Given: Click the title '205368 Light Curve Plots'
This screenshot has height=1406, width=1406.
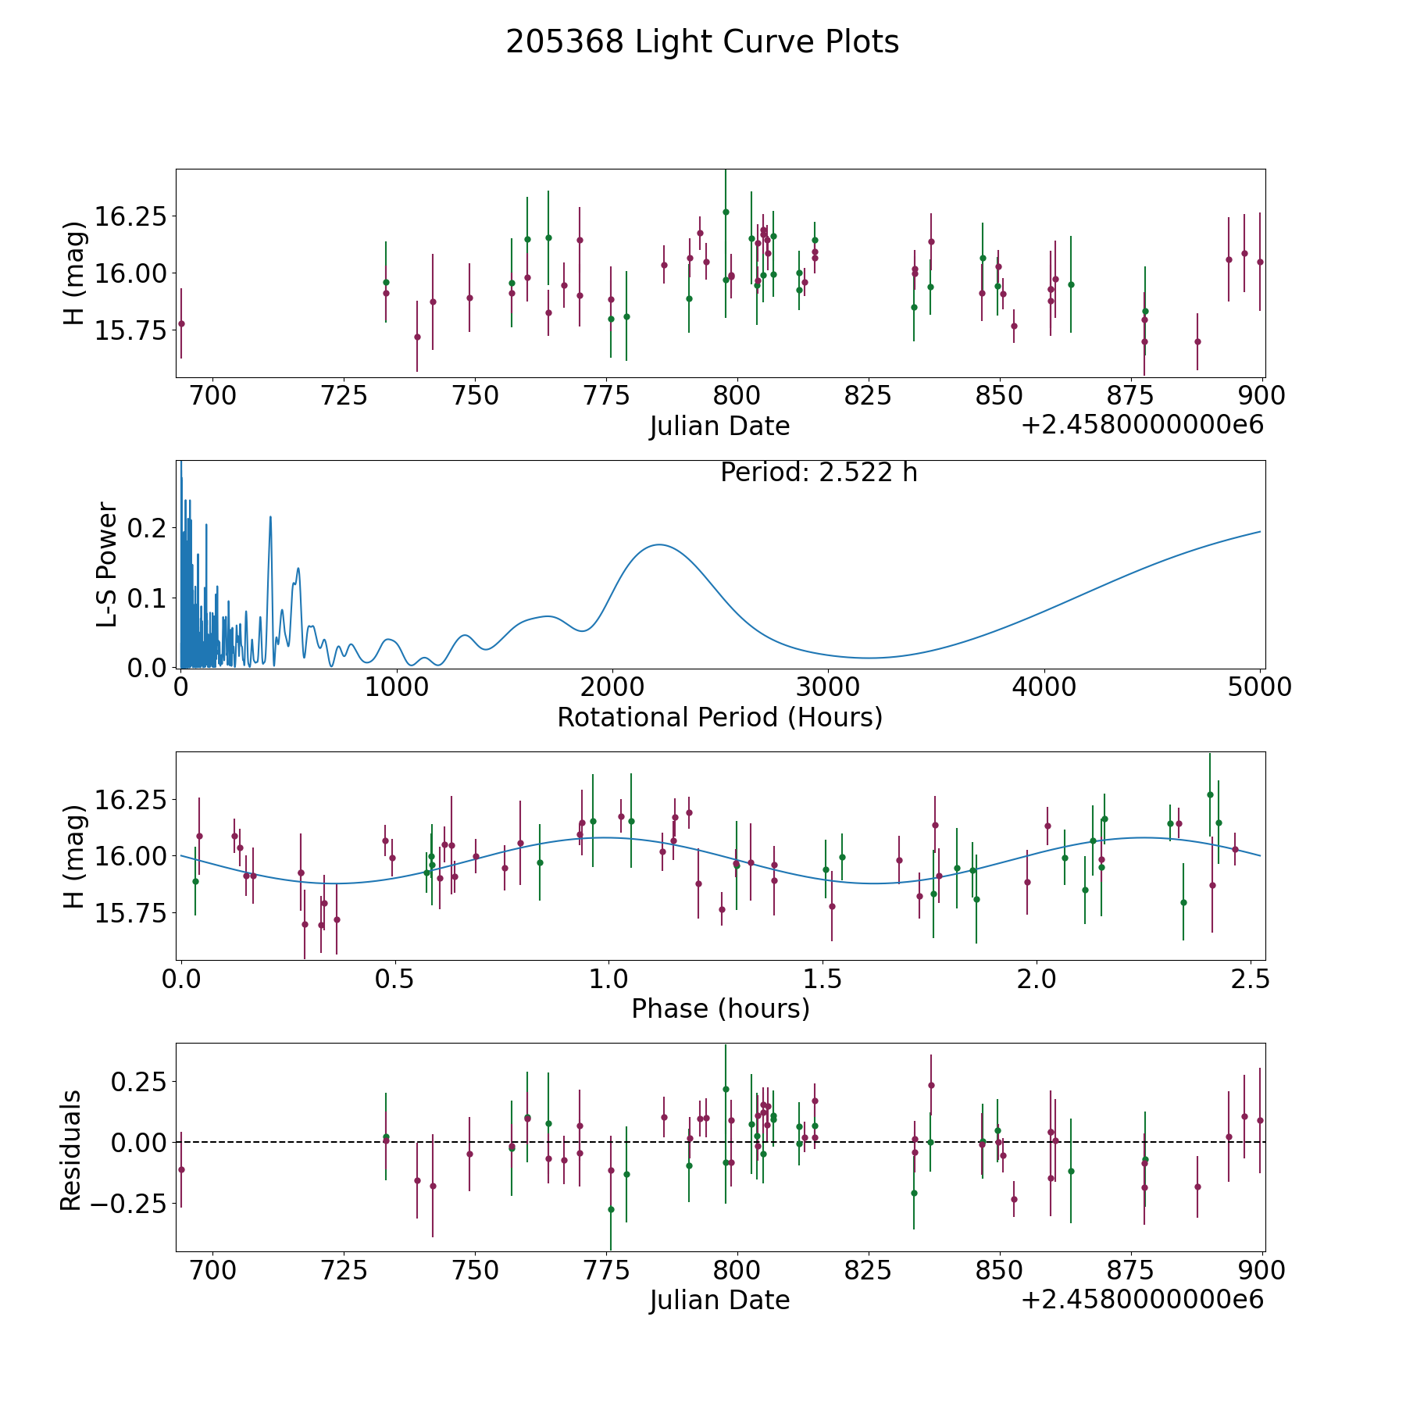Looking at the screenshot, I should [702, 42].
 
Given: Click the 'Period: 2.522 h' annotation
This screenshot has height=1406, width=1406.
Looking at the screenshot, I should [819, 473].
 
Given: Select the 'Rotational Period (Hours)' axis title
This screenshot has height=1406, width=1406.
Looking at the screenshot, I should [719, 717].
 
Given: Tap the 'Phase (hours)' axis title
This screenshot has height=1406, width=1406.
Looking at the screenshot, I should [720, 1008].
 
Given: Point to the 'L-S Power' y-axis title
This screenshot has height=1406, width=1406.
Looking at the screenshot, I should [107, 564].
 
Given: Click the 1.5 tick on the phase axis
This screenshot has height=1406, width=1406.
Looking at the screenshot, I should [823, 979].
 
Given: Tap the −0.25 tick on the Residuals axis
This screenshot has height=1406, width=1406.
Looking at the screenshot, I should [129, 1202].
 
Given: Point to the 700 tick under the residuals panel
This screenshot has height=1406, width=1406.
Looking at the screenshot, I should [213, 1270].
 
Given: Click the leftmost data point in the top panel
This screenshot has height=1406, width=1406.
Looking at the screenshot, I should [181, 323].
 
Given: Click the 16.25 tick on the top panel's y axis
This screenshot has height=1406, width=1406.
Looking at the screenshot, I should [129, 216].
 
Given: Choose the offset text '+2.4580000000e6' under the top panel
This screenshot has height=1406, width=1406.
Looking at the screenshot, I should [1142, 426].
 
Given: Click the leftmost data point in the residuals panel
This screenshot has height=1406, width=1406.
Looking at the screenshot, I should [181, 1169].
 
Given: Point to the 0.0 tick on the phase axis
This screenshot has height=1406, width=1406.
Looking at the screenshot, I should [181, 979].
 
